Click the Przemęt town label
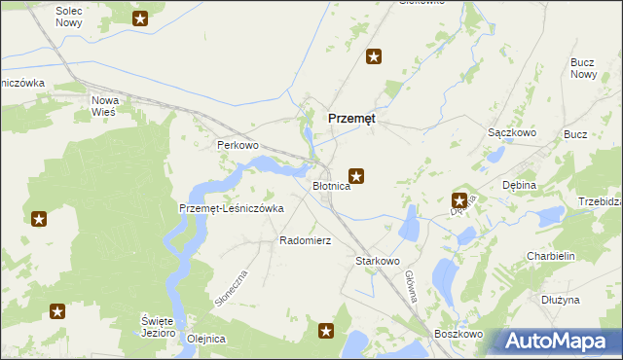coord(352,117)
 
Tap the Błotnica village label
coord(331,185)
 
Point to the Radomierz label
coord(307,239)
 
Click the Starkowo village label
coord(379,261)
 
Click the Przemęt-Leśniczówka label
coord(232,207)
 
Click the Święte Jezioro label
coord(157,326)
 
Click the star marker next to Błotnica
coord(357,176)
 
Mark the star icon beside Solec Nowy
coord(140,18)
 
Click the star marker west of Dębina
coord(458,199)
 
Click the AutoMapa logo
coord(551,342)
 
